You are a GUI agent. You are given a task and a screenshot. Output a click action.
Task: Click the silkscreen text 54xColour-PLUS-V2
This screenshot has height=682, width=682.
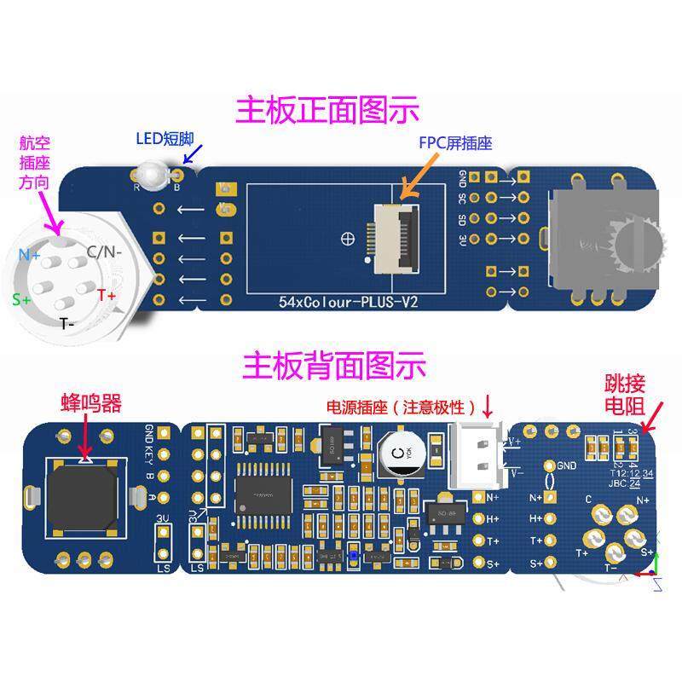pyautogui.click(x=348, y=302)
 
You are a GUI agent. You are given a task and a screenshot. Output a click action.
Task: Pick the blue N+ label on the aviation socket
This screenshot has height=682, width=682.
pyautogui.click(x=30, y=254)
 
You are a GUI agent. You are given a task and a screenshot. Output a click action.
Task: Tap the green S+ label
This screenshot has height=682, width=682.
pyautogui.click(x=21, y=299)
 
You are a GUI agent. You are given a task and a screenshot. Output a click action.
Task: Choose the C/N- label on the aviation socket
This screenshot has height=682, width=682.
pyautogui.click(x=104, y=251)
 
